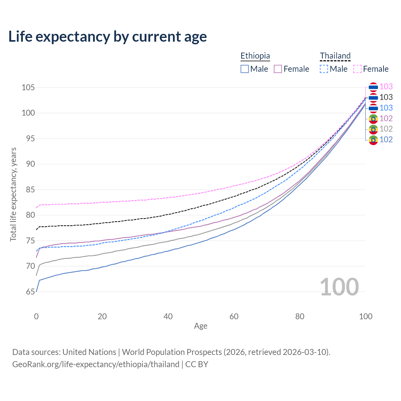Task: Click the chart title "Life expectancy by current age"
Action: [x=107, y=37]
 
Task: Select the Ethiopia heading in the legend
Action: [x=255, y=56]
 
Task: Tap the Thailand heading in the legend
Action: [x=335, y=56]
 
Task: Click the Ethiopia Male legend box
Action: [x=245, y=69]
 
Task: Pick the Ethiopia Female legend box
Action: [x=278, y=69]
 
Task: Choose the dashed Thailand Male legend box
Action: [x=324, y=69]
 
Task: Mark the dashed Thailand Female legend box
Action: [x=357, y=69]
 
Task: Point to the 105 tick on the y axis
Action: [x=28, y=87]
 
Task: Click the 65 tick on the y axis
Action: [x=30, y=292]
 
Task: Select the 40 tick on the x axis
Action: [x=168, y=316]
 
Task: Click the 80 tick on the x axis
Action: [x=300, y=316]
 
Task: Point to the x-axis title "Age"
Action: [x=200, y=326]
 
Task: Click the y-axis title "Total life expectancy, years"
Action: [x=13, y=195]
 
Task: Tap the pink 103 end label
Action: [x=386, y=86]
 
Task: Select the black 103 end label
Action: [x=386, y=97]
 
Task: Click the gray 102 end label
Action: [x=386, y=129]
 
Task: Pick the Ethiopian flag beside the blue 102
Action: [x=373, y=140]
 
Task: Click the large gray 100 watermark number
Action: [x=339, y=287]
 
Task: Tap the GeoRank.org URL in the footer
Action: [x=96, y=364]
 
